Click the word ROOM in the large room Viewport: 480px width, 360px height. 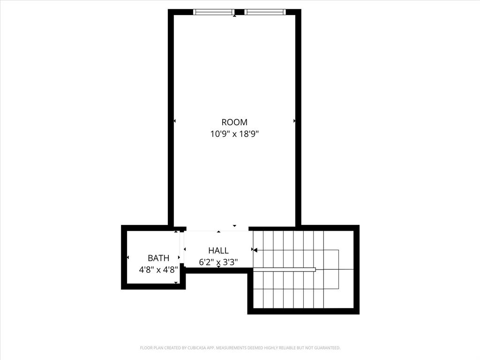click(x=234, y=122)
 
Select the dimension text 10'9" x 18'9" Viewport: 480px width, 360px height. click(x=234, y=134)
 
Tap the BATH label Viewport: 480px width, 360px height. click(x=158, y=258)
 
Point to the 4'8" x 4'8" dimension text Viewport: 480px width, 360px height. click(x=158, y=270)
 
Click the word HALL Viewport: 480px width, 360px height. click(x=218, y=251)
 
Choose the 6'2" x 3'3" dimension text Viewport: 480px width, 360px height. click(x=218, y=262)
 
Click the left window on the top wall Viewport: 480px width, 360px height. click(x=214, y=12)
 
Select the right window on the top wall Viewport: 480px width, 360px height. click(x=265, y=12)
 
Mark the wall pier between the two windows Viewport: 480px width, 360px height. click(x=239, y=12)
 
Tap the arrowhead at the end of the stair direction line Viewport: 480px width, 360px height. click(x=255, y=250)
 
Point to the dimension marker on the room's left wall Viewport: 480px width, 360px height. click(x=174, y=121)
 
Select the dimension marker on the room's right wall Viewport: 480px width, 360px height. click(x=294, y=121)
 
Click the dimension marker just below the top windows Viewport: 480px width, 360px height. click(x=235, y=16)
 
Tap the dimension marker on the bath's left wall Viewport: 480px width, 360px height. click(x=127, y=257)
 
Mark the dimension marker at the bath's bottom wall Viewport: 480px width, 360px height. click(x=176, y=283)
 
